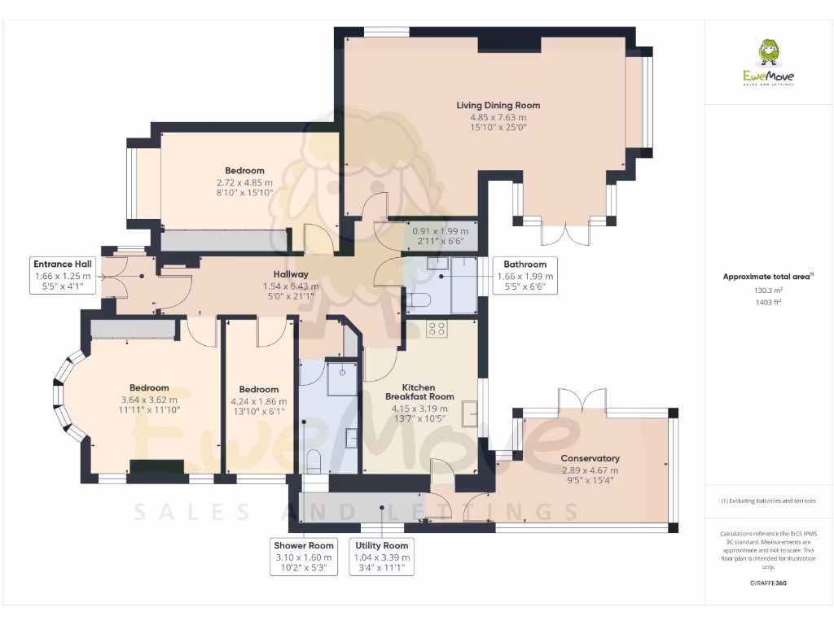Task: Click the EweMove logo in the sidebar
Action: (x=768, y=63)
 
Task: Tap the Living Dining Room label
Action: (x=498, y=105)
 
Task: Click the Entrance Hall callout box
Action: (x=63, y=275)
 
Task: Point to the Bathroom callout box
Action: (x=525, y=275)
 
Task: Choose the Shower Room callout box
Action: (x=304, y=557)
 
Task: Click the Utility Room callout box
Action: (x=382, y=557)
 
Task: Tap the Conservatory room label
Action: (x=590, y=458)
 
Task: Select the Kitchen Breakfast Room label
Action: (x=419, y=392)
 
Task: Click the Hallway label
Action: (x=291, y=275)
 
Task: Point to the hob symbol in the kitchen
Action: (x=437, y=329)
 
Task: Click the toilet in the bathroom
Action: (x=419, y=301)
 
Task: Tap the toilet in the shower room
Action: (x=314, y=462)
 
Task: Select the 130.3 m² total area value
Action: (x=768, y=290)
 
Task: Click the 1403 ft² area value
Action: (x=768, y=301)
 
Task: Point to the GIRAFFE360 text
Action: (x=768, y=583)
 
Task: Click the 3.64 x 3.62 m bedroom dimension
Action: (x=149, y=400)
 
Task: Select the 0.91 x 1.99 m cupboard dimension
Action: (x=441, y=230)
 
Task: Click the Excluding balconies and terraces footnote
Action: (x=768, y=500)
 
